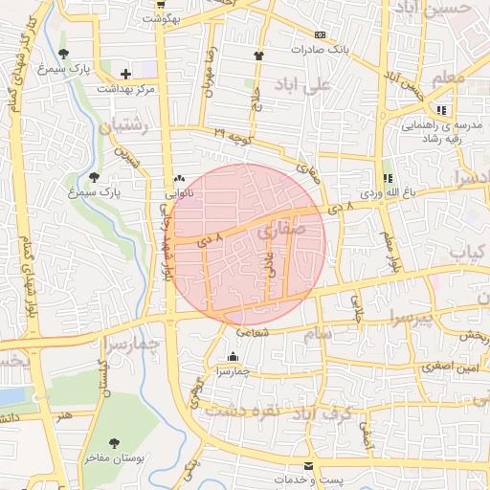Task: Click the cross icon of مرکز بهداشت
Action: coord(125,74)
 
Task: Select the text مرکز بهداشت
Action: coord(125,88)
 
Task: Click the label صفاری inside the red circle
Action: coord(279,230)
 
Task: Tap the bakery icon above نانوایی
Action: coord(180,179)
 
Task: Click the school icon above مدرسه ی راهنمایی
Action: coord(441,110)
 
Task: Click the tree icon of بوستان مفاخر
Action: coord(115,444)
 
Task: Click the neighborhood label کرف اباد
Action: coord(351,413)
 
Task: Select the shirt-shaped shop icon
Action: coord(258,55)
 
